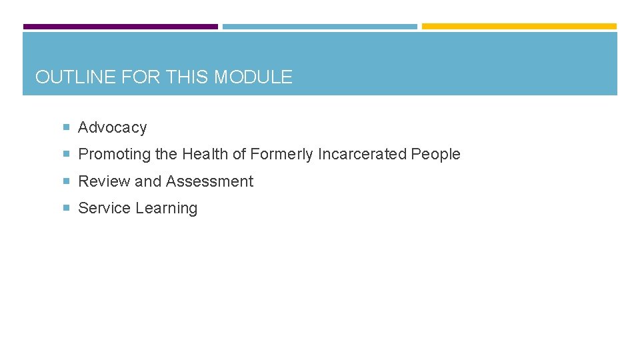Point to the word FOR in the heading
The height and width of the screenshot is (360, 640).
(140, 77)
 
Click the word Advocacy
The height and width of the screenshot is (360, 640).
(112, 127)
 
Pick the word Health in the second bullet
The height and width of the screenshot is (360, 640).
(205, 154)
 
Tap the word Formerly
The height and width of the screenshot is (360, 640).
(282, 154)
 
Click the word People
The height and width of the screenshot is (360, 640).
(435, 154)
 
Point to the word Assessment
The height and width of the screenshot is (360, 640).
(209, 181)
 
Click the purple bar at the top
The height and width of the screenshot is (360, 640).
(121, 27)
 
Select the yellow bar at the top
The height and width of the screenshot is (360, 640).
(519, 27)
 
